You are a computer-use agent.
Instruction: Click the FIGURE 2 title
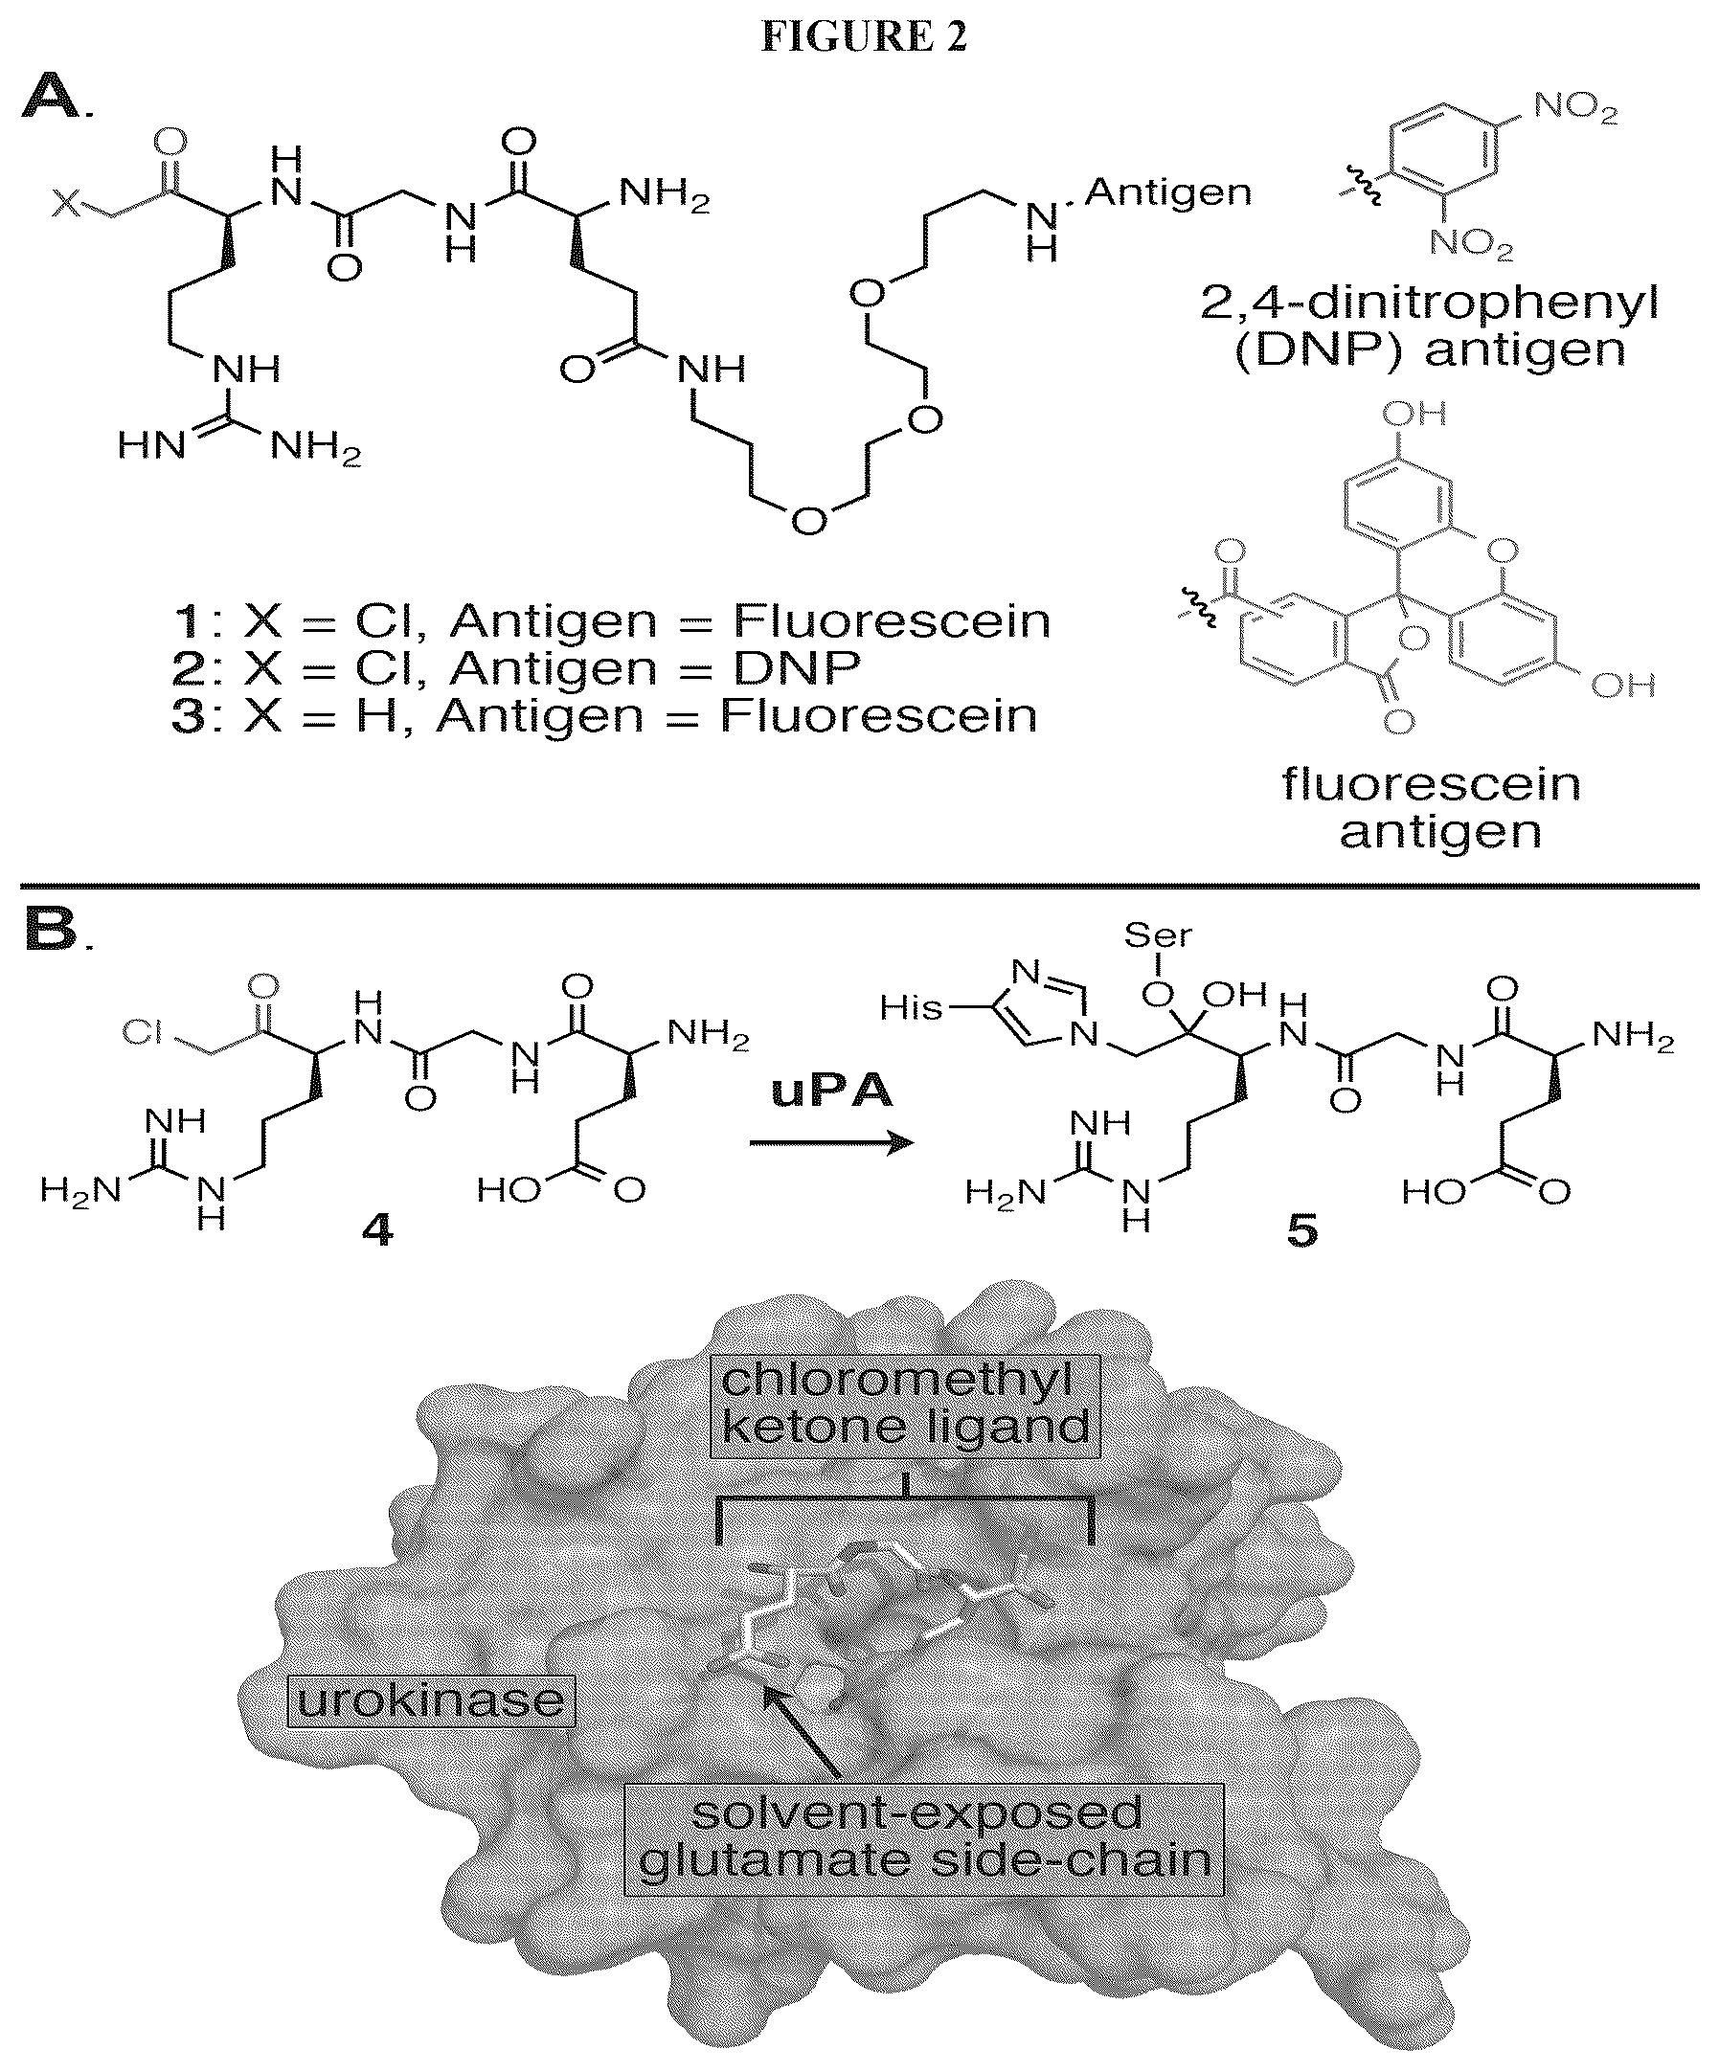coord(864,36)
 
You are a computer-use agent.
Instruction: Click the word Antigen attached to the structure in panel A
coord(1167,193)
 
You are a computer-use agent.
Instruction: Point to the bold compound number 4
coord(377,1230)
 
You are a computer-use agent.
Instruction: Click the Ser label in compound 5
coord(1158,934)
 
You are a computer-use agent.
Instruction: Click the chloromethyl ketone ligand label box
coord(905,1404)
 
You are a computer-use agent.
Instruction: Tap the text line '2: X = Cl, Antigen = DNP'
coord(516,668)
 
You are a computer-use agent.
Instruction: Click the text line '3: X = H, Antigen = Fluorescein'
coord(604,716)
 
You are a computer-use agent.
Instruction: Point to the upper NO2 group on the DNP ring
coord(1576,108)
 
